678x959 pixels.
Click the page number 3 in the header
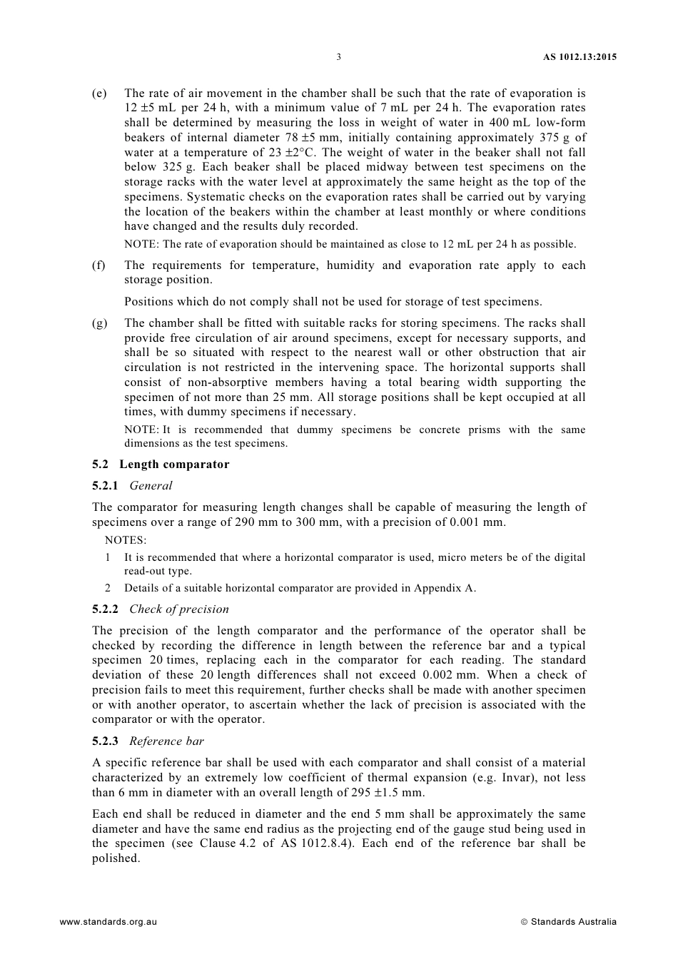pyautogui.click(x=338, y=57)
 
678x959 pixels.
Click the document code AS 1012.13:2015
pyautogui.click(x=575, y=57)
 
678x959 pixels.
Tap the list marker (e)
pyautogui.click(x=99, y=93)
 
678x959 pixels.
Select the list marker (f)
pyautogui.click(x=98, y=265)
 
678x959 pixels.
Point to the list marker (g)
pyautogui.click(x=99, y=323)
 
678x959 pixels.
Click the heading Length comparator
pyautogui.click(x=174, y=465)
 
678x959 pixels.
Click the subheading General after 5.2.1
pyautogui.click(x=151, y=486)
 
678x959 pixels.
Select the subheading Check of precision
pyautogui.click(x=179, y=609)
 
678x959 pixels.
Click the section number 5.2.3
pyautogui.click(x=106, y=741)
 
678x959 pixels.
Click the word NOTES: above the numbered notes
pyautogui.click(x=125, y=540)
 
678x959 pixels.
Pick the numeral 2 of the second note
pyautogui.click(x=108, y=589)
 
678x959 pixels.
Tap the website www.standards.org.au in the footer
pyautogui.click(x=108, y=922)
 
